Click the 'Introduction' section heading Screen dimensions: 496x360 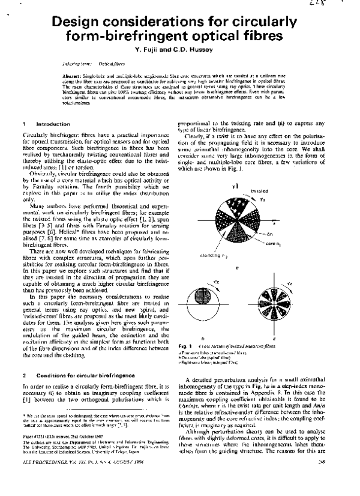pos(53,123)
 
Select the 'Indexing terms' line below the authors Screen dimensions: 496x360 pos(89,63)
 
